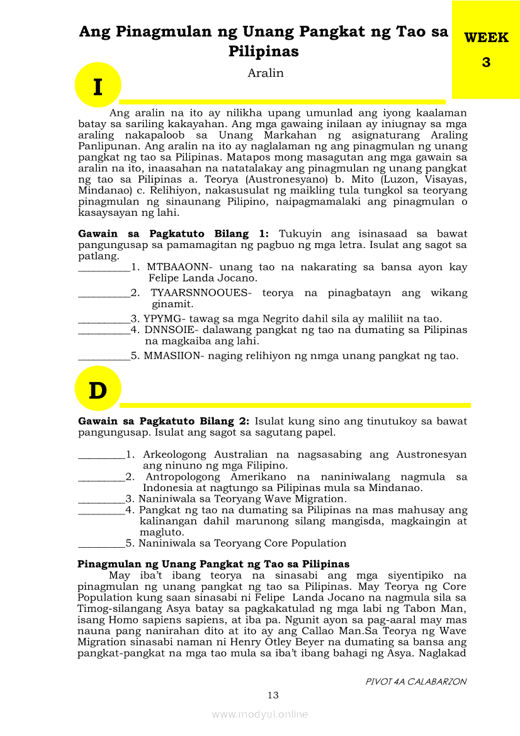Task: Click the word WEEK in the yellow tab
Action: click(486, 38)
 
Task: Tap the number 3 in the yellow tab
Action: click(486, 62)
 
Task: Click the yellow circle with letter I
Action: click(98, 86)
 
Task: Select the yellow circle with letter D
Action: click(98, 391)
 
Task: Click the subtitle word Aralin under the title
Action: click(266, 73)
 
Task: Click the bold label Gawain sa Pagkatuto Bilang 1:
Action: click(174, 234)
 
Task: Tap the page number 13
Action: click(273, 695)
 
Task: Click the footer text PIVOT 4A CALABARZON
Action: click(416, 681)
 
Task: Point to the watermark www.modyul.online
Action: click(260, 714)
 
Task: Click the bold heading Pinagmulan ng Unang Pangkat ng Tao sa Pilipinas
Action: click(213, 563)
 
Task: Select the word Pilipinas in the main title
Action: click(264, 52)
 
